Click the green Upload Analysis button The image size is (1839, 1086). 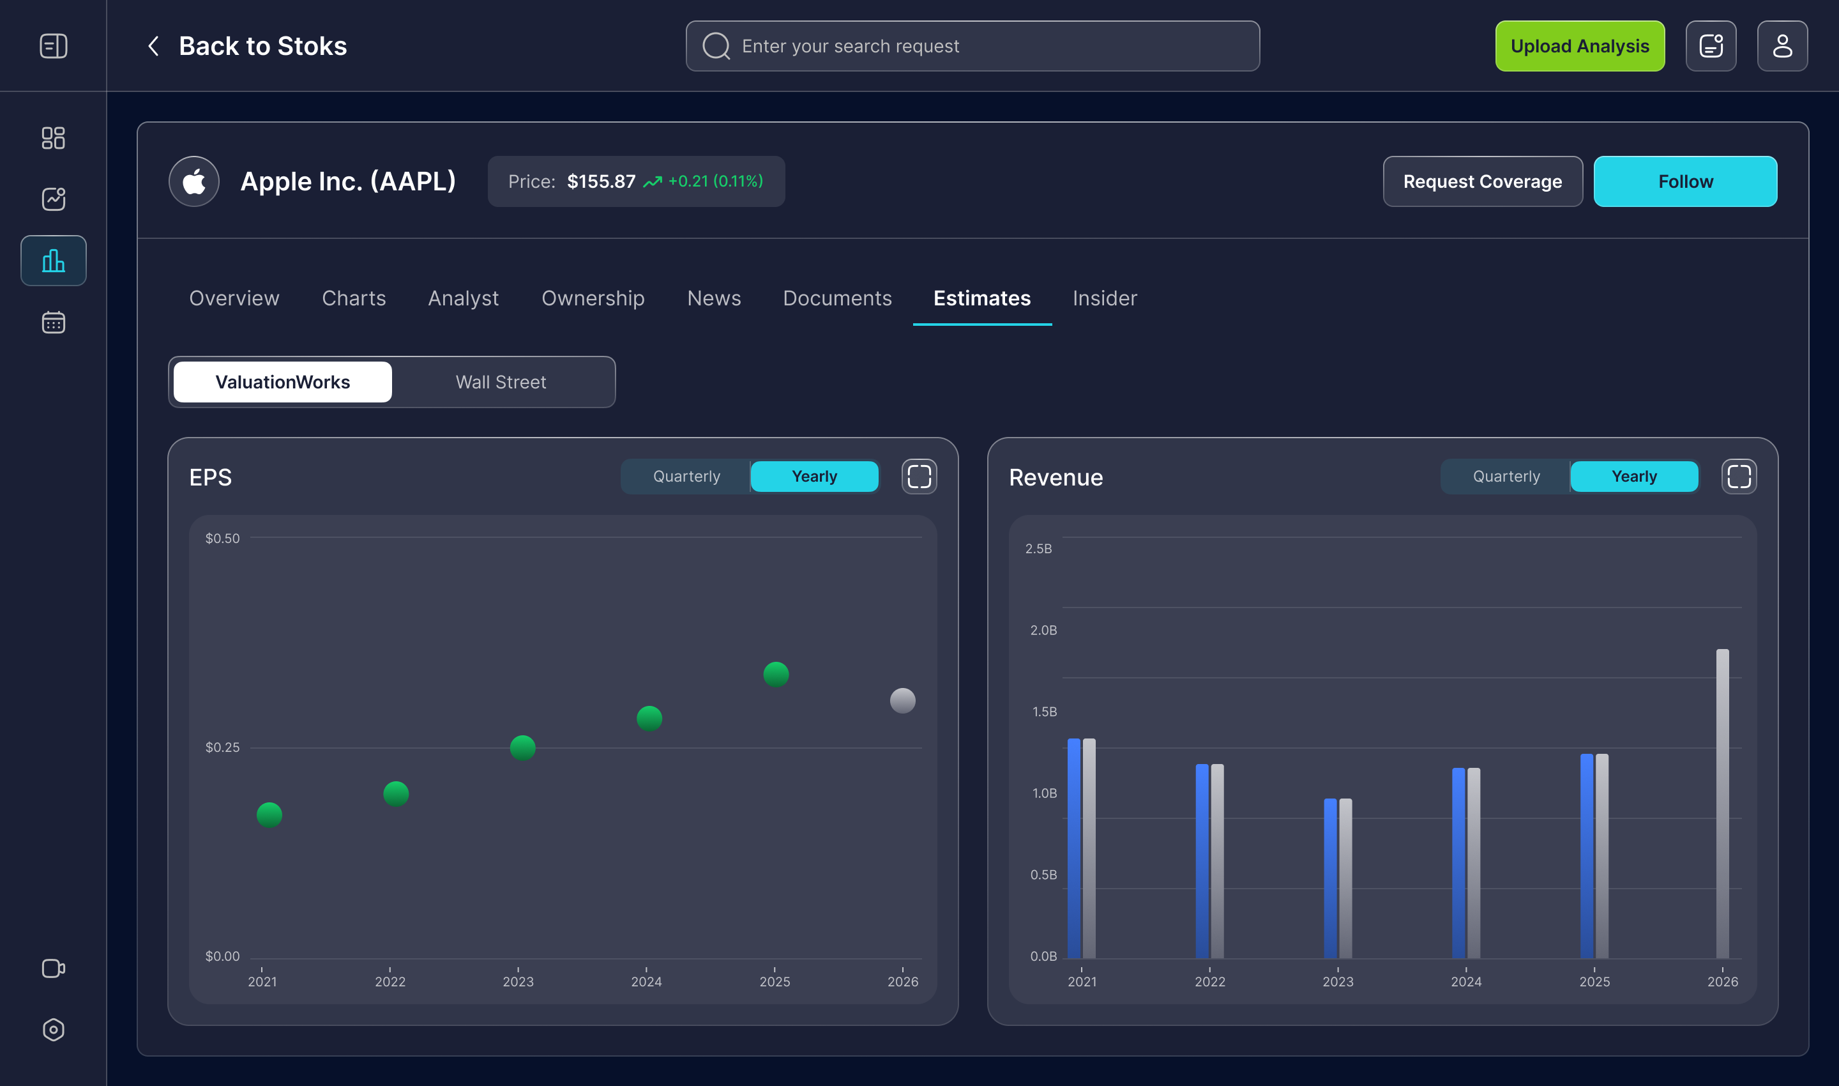pyautogui.click(x=1579, y=46)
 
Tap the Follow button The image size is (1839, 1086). pyautogui.click(x=1684, y=181)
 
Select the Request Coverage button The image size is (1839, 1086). pyautogui.click(x=1482, y=181)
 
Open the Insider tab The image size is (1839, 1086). pyautogui.click(x=1105, y=298)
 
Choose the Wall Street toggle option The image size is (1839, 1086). pyautogui.click(x=501, y=382)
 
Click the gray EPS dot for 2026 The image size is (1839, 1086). pyautogui.click(x=902, y=700)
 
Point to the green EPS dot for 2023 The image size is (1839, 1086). pyautogui.click(x=522, y=747)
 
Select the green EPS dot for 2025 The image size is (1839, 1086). pyautogui.click(x=775, y=673)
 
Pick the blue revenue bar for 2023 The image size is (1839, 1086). pyautogui.click(x=1330, y=878)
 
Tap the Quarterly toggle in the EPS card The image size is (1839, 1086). pyautogui.click(x=686, y=477)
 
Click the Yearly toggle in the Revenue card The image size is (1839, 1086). pyautogui.click(x=1633, y=477)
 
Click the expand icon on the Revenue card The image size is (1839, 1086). pyautogui.click(x=1738, y=477)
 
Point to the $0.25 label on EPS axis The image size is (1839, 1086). pyautogui.click(x=222, y=747)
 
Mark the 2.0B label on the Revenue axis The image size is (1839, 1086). pyautogui.click(x=1043, y=630)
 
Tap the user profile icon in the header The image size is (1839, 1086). pyautogui.click(x=1782, y=46)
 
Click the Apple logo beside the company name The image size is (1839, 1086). pyautogui.click(x=194, y=181)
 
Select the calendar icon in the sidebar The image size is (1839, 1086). pyautogui.click(x=54, y=322)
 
